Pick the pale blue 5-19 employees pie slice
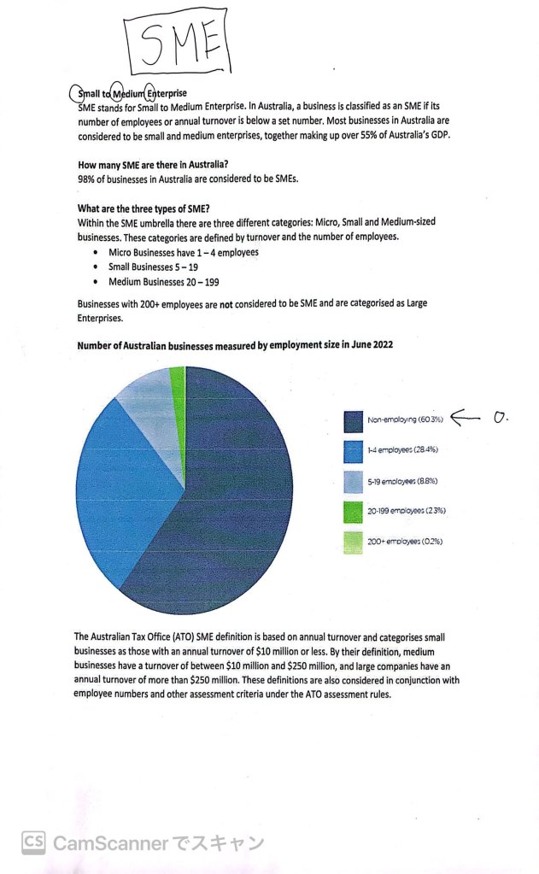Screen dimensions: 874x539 click(154, 402)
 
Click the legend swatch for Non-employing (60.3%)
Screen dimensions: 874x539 click(354, 420)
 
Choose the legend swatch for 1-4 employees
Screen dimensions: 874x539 click(354, 450)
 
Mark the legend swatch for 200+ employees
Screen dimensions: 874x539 click(354, 542)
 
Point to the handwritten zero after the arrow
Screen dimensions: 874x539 click(501, 418)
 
